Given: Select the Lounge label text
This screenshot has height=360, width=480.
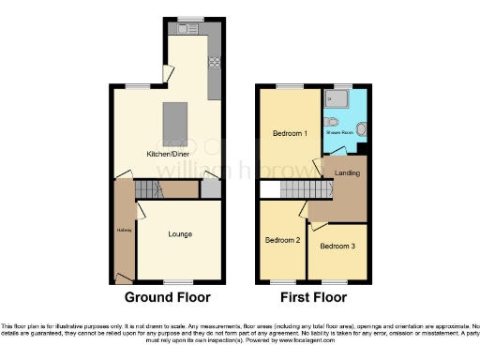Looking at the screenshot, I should pos(180,233).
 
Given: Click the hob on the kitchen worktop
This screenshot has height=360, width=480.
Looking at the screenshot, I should pos(215,64).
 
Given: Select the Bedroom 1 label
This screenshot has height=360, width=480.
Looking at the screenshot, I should pos(290,134).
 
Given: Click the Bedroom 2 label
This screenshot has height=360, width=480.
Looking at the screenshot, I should pos(284,240).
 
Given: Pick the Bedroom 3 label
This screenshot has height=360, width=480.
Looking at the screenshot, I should pos(337,247).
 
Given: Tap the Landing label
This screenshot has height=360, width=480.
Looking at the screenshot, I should pos(348,172).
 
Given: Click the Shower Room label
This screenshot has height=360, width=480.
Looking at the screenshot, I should pos(339,134).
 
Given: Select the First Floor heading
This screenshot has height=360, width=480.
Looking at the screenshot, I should pos(312,297).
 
